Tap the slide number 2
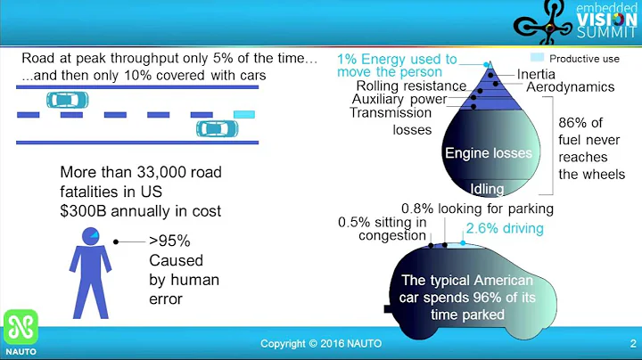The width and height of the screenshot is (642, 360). tap(632, 343)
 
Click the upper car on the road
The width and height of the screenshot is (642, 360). tap(69, 98)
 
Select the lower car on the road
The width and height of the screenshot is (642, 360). tap(217, 128)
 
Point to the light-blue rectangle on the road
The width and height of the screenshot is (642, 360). tap(243, 114)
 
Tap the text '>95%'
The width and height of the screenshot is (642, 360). tap(169, 241)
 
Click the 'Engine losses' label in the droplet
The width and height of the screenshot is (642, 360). tap(488, 152)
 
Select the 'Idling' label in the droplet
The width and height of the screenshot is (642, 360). tap(487, 188)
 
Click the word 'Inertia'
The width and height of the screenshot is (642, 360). tap(536, 73)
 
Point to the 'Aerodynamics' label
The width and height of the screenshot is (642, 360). tap(570, 87)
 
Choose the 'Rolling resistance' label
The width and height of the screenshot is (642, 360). tap(411, 86)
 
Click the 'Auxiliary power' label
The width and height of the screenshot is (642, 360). tap(399, 99)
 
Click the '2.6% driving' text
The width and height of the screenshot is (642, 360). tap(505, 229)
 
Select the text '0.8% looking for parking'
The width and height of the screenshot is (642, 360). tap(477, 209)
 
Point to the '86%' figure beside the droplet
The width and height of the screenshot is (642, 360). tap(577, 123)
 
